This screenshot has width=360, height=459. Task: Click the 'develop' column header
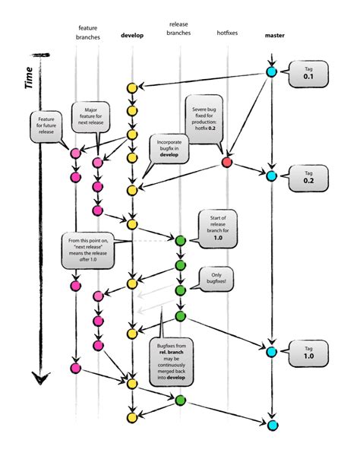click(132, 36)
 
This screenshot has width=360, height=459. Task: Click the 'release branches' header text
click(180, 28)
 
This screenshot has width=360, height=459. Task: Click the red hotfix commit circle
click(226, 163)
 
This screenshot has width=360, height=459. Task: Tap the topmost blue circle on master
click(272, 73)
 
